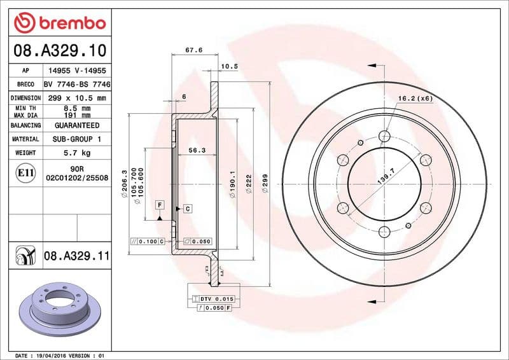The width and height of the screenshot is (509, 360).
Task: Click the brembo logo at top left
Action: (x=59, y=23)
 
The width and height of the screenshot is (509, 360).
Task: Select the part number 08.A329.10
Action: (x=59, y=50)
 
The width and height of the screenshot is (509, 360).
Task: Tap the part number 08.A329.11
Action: (x=77, y=256)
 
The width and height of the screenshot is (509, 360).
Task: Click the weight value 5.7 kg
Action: (x=76, y=153)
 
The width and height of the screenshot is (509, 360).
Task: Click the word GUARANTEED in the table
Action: (x=76, y=125)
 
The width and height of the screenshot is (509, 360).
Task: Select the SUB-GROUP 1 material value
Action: (x=76, y=139)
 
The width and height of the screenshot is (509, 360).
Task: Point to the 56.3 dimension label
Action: (x=196, y=151)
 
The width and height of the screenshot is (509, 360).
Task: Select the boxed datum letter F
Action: (x=160, y=204)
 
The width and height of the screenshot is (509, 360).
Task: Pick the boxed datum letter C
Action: (x=188, y=209)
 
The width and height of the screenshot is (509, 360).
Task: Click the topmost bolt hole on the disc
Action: (x=384, y=135)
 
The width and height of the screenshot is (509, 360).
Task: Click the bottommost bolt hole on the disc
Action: (x=384, y=232)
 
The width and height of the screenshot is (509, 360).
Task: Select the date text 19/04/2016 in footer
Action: (x=55, y=355)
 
